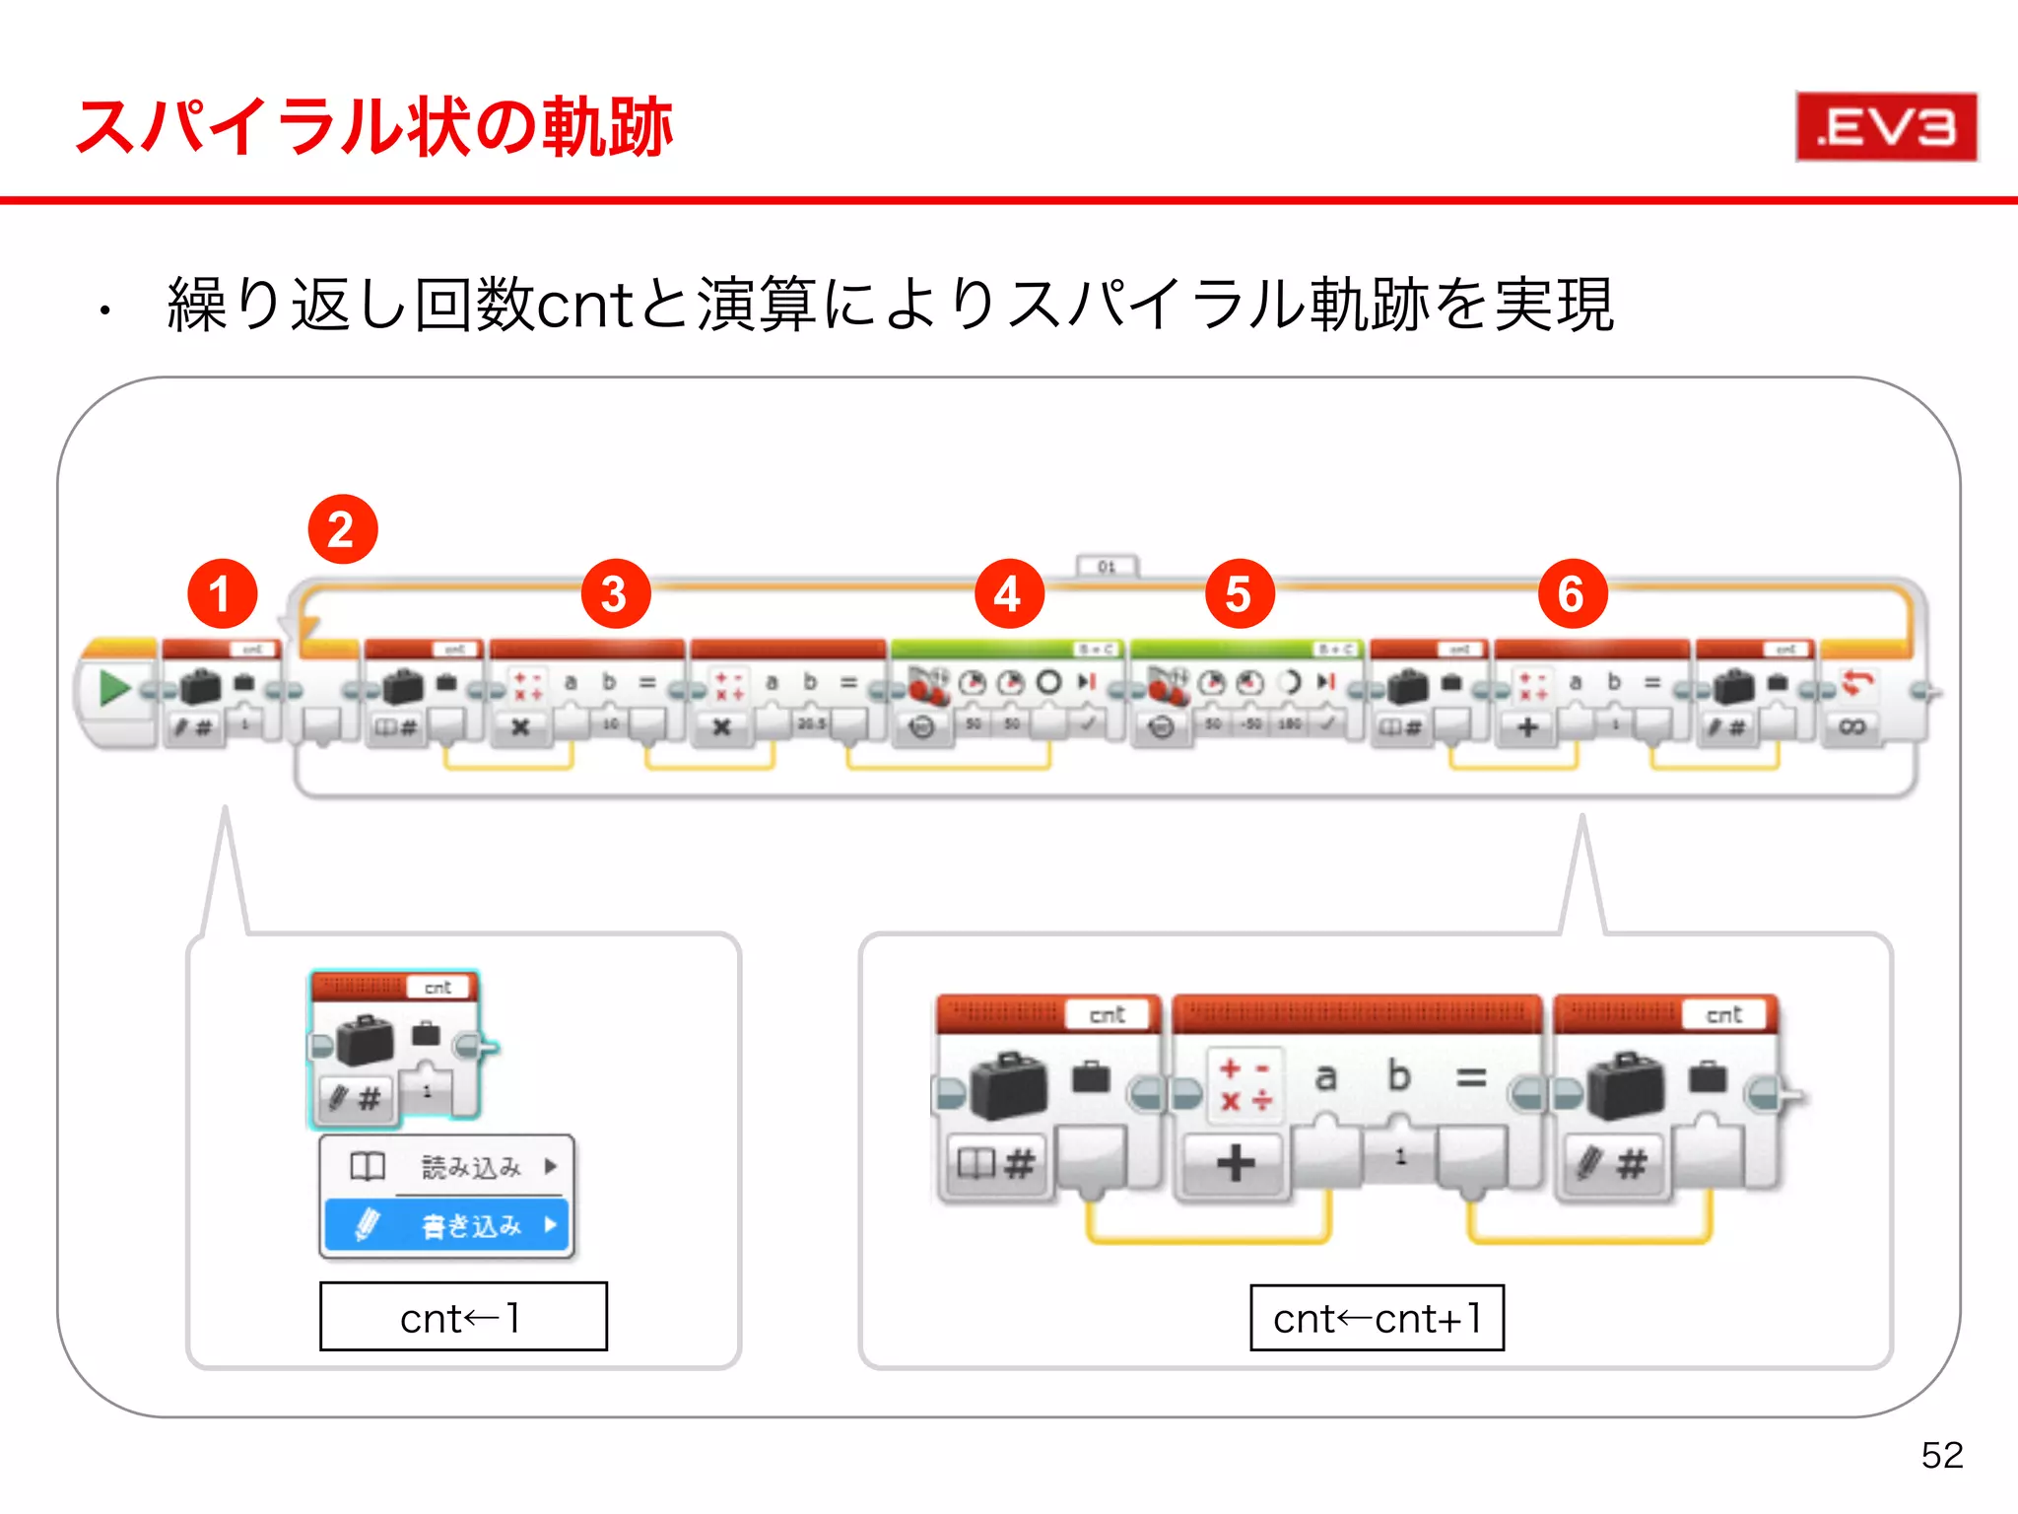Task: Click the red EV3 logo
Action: coord(1886,126)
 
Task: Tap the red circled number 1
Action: coord(222,594)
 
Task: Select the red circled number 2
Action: coord(342,530)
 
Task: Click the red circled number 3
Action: coord(615,594)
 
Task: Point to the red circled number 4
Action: coord(1008,594)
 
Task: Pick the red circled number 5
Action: coord(1240,594)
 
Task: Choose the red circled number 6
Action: coord(1572,594)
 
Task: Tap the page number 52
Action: coord(1941,1455)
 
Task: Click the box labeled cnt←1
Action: coord(463,1317)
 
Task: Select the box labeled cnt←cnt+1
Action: coord(1377,1318)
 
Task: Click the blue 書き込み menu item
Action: coord(446,1225)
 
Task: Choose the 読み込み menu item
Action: coord(446,1167)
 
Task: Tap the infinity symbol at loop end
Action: coord(1851,727)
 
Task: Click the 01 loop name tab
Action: coord(1107,567)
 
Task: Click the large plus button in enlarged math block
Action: coord(1235,1163)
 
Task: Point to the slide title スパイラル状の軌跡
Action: coord(374,127)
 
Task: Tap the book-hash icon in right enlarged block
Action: coord(995,1164)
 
